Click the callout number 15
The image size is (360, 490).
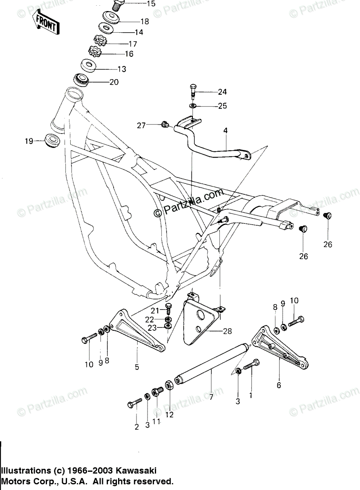click(x=139, y=4)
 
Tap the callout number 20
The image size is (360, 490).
click(x=114, y=82)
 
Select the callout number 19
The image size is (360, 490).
click(x=29, y=141)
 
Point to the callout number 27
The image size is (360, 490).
click(x=141, y=125)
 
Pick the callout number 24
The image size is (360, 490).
click(x=222, y=91)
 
